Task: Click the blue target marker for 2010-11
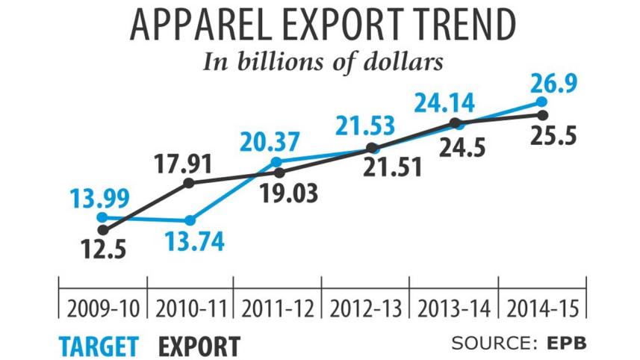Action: (190, 220)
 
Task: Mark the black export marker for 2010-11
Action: (188, 182)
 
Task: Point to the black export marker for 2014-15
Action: (544, 114)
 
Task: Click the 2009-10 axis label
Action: (103, 307)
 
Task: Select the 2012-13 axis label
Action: (366, 307)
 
